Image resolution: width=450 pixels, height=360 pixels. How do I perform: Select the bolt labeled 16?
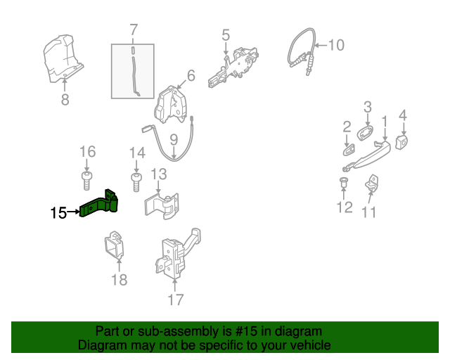point(86,179)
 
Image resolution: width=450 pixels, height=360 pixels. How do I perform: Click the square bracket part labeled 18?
point(113,245)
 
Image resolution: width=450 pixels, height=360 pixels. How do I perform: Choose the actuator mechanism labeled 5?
point(236,67)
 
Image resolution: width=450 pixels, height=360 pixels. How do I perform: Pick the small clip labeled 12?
point(344,184)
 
